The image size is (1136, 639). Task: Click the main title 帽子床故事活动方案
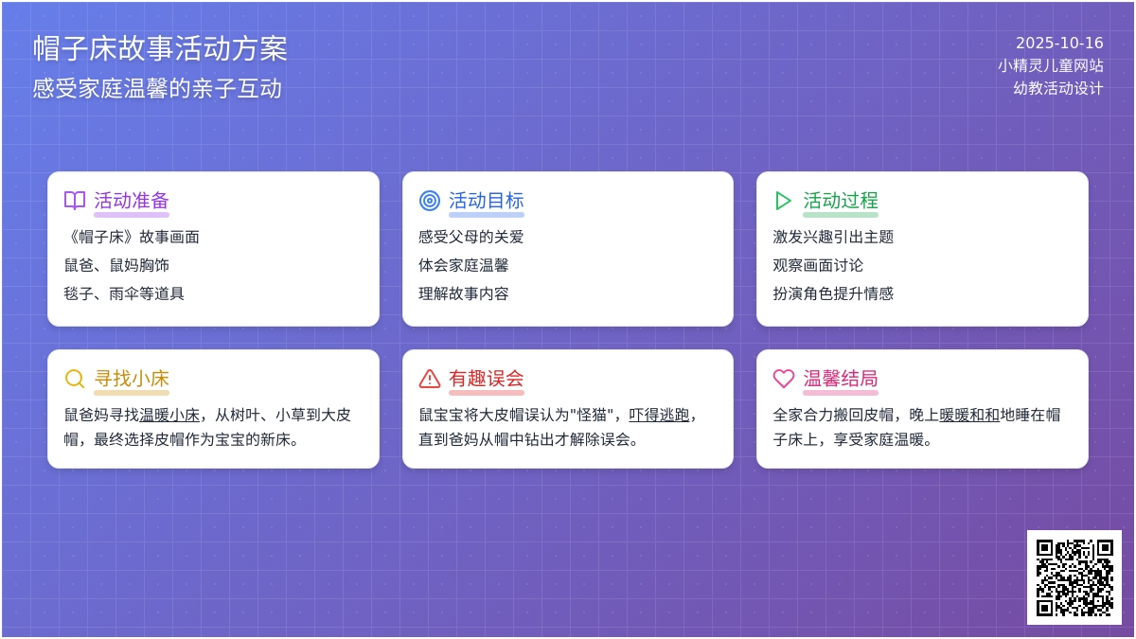click(x=160, y=48)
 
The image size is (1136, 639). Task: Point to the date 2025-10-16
click(x=1059, y=44)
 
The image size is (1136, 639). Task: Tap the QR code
click(x=1074, y=577)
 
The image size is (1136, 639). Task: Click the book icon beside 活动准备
click(x=75, y=201)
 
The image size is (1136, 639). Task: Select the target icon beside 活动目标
click(x=430, y=201)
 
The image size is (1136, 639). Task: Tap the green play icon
click(x=783, y=201)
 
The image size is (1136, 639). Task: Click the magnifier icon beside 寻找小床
click(x=75, y=379)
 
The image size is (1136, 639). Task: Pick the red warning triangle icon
click(x=430, y=379)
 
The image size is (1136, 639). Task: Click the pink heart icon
click(x=783, y=379)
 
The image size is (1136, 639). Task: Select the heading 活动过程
click(x=841, y=201)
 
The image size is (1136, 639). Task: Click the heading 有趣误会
click(x=486, y=379)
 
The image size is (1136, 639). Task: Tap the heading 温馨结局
click(x=841, y=379)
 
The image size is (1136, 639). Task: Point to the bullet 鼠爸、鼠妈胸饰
click(x=116, y=265)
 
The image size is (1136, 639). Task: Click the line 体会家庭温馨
click(x=464, y=265)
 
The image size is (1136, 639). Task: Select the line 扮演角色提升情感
click(x=833, y=293)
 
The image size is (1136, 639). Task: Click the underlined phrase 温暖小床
click(x=169, y=415)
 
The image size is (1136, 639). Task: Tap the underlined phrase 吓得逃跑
click(x=659, y=415)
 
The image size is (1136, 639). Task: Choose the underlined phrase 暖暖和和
click(x=969, y=415)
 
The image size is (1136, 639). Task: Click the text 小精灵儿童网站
click(x=1050, y=65)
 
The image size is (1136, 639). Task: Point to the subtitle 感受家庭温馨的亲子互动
click(x=157, y=88)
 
